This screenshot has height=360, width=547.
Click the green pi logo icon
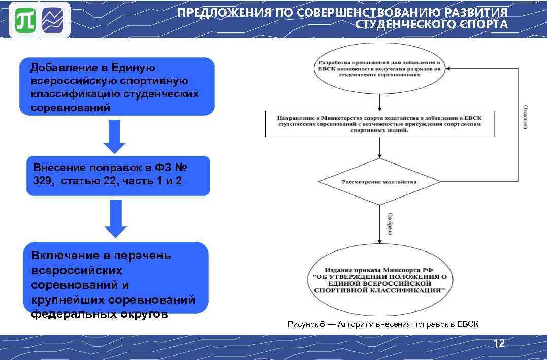coord(23,21)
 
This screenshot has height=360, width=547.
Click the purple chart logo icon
coord(55,21)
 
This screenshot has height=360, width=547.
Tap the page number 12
coord(499,344)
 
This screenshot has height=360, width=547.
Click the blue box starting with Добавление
coord(117,87)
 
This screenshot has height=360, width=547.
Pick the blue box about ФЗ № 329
coord(118,175)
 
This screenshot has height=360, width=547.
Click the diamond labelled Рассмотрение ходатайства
coord(379,182)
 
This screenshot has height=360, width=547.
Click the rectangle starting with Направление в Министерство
coord(379,124)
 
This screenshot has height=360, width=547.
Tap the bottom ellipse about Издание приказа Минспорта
coord(379,280)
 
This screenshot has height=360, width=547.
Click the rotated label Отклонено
coord(525,117)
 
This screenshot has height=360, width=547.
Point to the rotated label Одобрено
coord(389,223)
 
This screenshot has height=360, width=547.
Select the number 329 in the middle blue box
coord(42,181)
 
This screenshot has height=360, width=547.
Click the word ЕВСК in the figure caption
coord(468,324)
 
